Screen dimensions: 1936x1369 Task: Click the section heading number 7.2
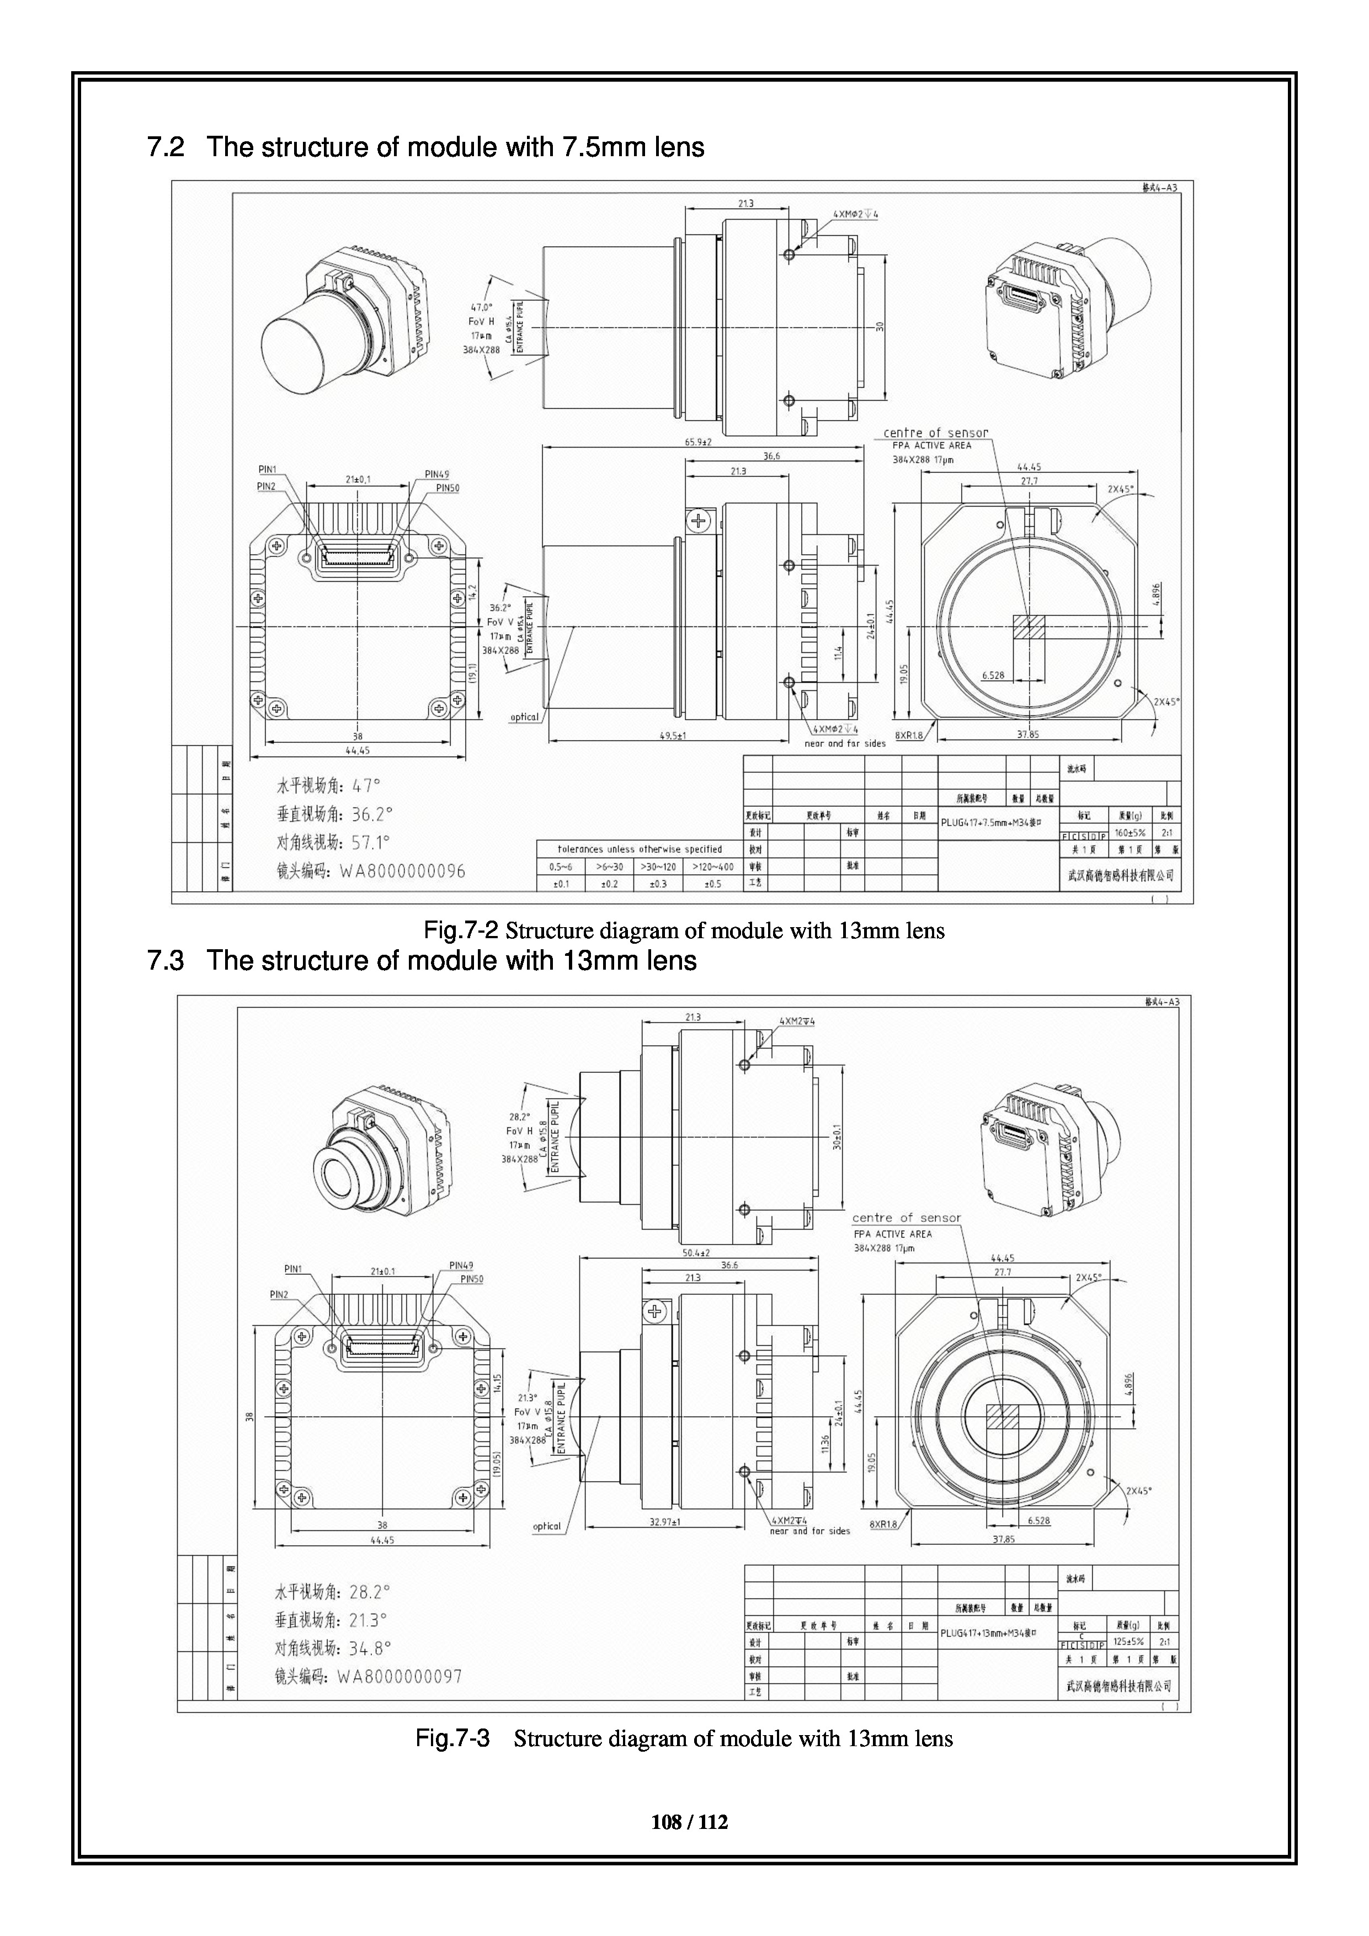165,147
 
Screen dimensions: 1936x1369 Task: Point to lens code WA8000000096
402,871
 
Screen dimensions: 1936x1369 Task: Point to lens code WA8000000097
399,1677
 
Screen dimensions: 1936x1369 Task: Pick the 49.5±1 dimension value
672,735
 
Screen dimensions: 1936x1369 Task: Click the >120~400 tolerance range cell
712,867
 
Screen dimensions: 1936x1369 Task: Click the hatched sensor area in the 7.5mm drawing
1029,626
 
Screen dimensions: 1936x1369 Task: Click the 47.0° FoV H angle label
481,308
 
